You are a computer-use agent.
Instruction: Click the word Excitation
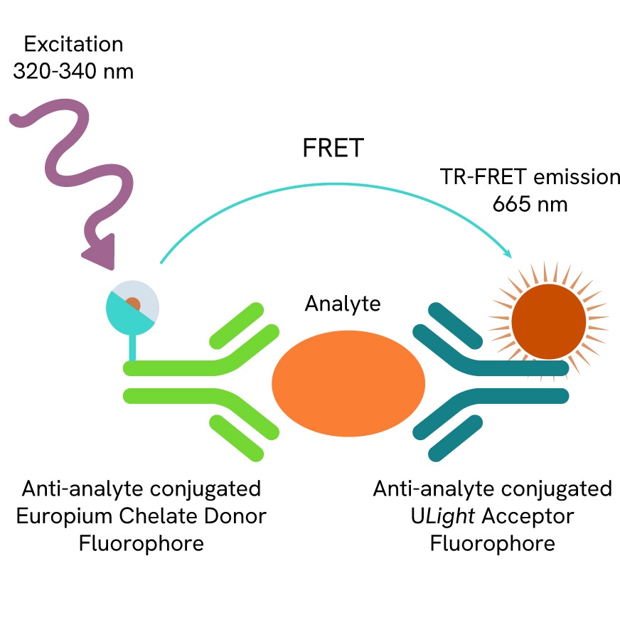coord(73,44)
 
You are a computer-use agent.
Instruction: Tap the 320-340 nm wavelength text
coord(73,72)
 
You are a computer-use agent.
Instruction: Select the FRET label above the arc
coord(333,149)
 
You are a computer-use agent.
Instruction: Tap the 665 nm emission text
coord(530,205)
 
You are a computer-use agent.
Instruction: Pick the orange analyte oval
coord(348,383)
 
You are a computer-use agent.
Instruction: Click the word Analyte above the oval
coord(343,304)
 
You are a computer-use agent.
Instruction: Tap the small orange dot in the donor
coord(133,304)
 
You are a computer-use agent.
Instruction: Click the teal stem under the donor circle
coord(132,348)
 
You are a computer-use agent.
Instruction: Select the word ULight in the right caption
coord(433,516)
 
